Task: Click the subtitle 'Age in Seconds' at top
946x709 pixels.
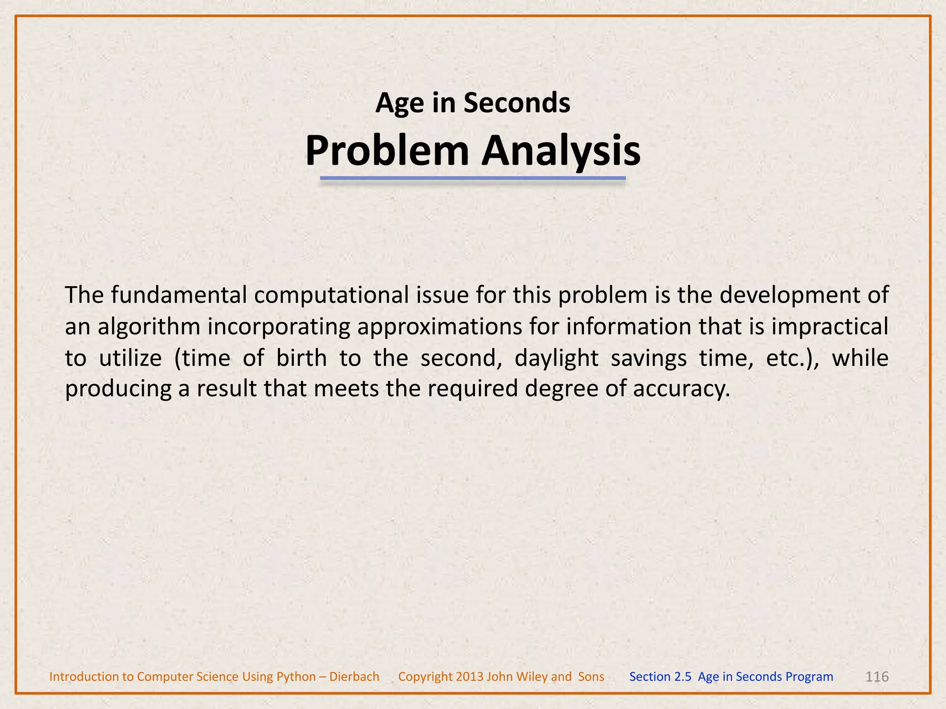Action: (x=473, y=102)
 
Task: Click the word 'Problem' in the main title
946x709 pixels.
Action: (x=387, y=151)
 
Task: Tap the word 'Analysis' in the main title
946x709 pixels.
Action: (x=561, y=151)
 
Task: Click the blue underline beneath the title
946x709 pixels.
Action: (x=473, y=178)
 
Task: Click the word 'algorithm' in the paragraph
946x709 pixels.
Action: (x=149, y=327)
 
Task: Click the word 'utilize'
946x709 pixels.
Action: (x=130, y=358)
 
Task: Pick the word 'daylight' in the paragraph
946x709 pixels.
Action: (x=556, y=358)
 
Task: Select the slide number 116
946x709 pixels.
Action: (x=877, y=677)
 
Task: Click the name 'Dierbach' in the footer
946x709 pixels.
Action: (x=354, y=677)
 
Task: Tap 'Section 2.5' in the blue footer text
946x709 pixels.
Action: (x=660, y=677)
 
